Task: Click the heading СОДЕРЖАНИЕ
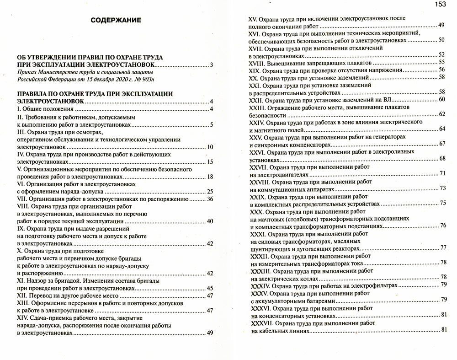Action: coord(116,20)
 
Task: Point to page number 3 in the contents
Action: coord(212,64)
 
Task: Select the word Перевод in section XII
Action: coord(40,296)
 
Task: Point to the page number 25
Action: coord(210,192)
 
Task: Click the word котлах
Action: coord(321,278)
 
